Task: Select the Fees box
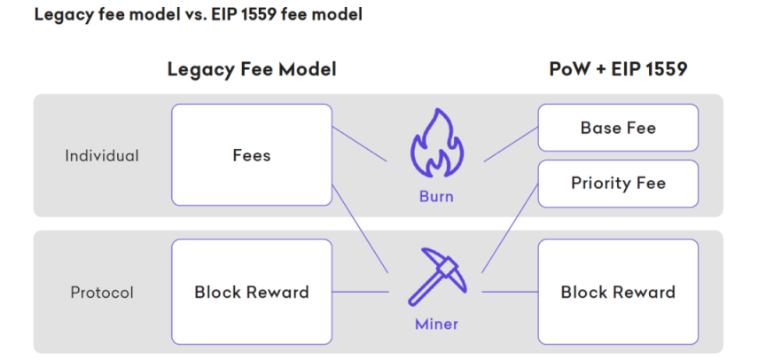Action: click(x=252, y=155)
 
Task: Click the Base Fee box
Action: click(x=618, y=128)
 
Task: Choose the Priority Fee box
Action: click(x=618, y=184)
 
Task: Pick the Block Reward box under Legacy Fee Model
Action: click(x=252, y=292)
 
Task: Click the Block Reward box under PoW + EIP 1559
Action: click(x=618, y=292)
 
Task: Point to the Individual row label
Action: click(x=102, y=155)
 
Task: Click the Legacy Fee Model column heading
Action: click(x=252, y=69)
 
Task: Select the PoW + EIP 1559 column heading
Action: click(x=618, y=69)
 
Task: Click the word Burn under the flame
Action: click(x=436, y=196)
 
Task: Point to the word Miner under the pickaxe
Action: click(x=436, y=324)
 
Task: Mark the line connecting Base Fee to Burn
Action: click(x=512, y=145)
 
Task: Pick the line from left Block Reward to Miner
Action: click(x=361, y=292)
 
